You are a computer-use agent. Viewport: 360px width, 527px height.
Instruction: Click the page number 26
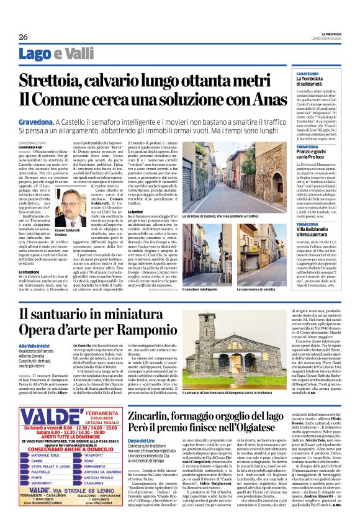[23, 37]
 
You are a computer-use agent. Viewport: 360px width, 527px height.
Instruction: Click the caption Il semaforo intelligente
[200, 289]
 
